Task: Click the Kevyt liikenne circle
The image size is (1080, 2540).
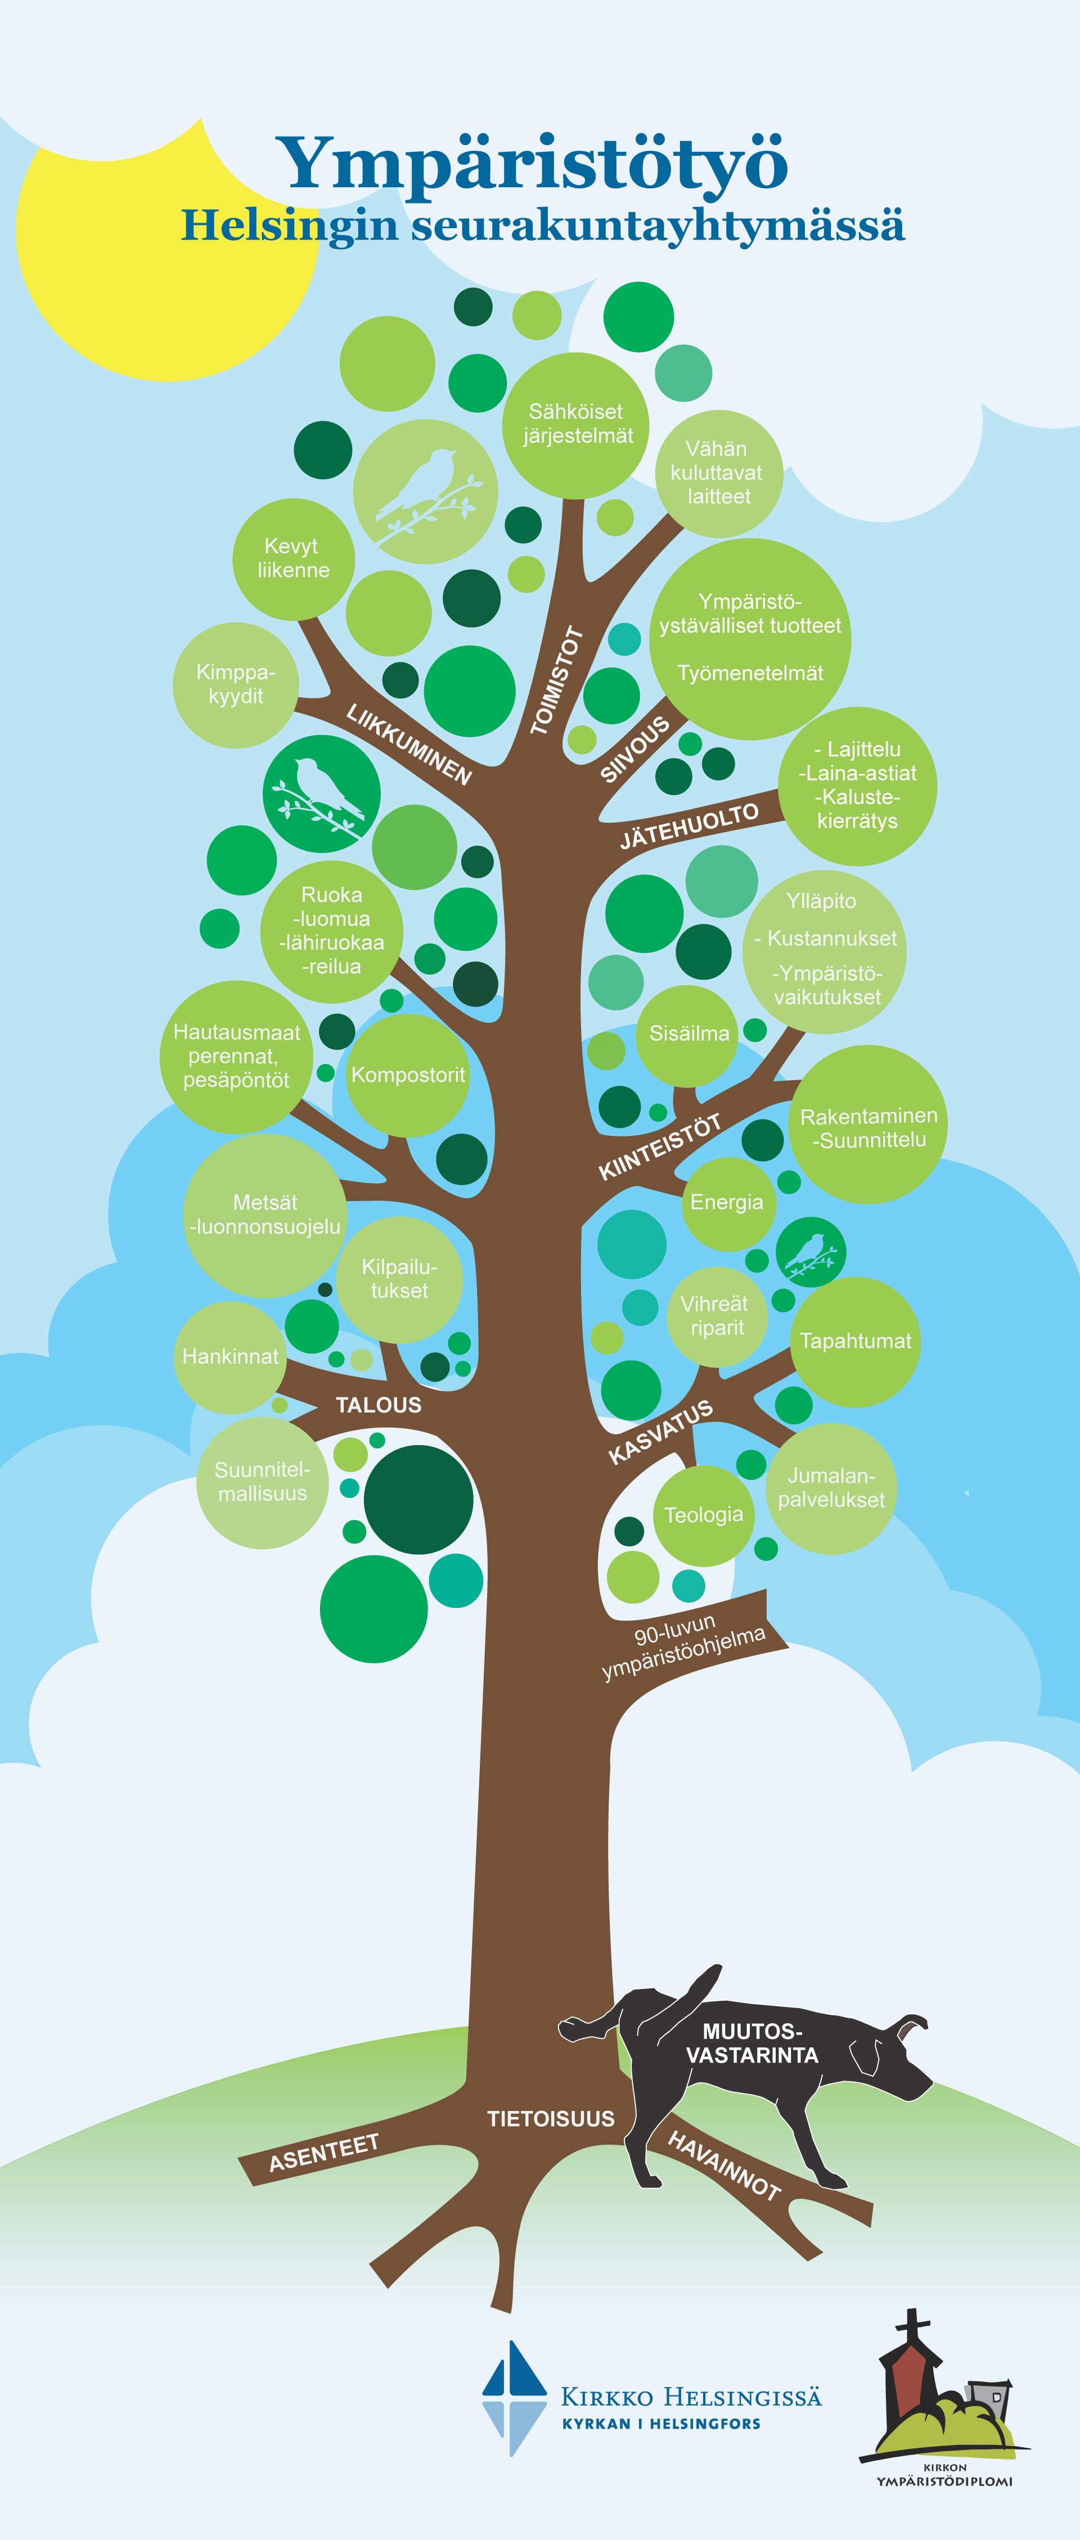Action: click(x=293, y=559)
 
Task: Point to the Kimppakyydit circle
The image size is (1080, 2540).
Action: click(x=235, y=684)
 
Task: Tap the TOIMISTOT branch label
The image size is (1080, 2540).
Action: click(x=558, y=680)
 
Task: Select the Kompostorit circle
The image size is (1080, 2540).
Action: click(x=407, y=1075)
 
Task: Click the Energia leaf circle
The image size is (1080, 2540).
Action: click(x=727, y=1202)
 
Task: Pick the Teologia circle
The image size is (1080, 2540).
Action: click(x=703, y=1514)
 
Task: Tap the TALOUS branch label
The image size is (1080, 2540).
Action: click(x=378, y=1405)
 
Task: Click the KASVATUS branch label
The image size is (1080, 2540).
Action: click(x=660, y=1432)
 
